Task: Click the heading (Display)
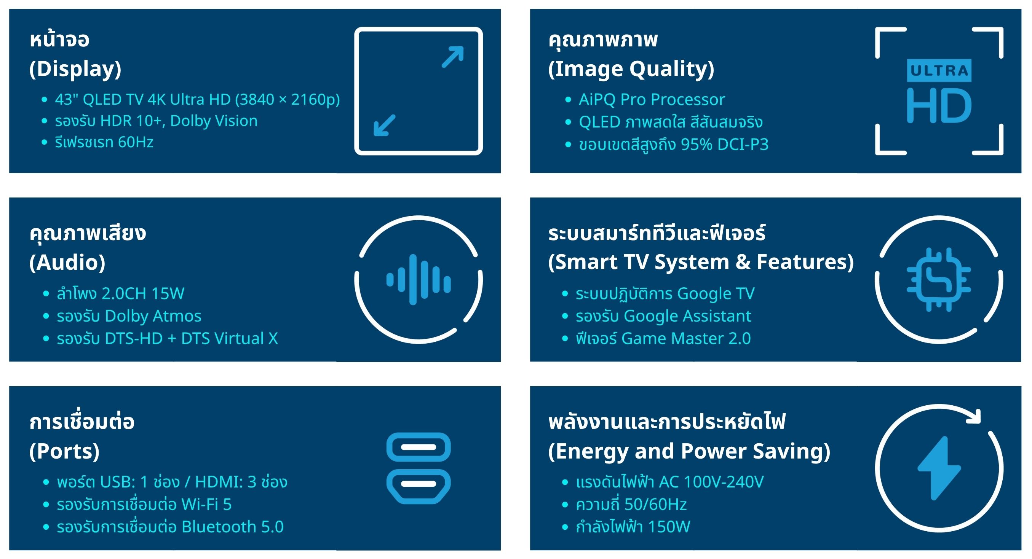[x=75, y=69]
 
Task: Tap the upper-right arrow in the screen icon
[x=453, y=57]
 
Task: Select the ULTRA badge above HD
[x=939, y=70]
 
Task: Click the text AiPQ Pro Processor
[x=652, y=99]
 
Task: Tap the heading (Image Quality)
[x=631, y=69]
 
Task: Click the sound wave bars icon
[x=419, y=279]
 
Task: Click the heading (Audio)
[x=67, y=263]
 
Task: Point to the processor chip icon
[x=939, y=279]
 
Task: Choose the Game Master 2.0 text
[x=686, y=338]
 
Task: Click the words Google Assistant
[x=687, y=316]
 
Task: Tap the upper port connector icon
[x=419, y=447]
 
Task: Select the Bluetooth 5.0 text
[x=233, y=527]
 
